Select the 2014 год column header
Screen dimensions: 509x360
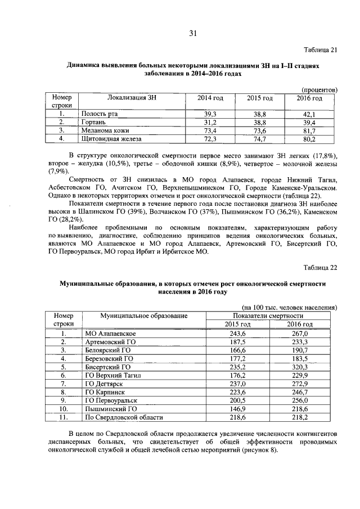(210, 98)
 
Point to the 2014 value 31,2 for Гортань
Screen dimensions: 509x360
(210, 122)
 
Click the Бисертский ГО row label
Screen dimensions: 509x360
(107, 366)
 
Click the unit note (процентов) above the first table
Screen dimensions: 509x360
(319, 89)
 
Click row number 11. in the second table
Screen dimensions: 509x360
(64, 417)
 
